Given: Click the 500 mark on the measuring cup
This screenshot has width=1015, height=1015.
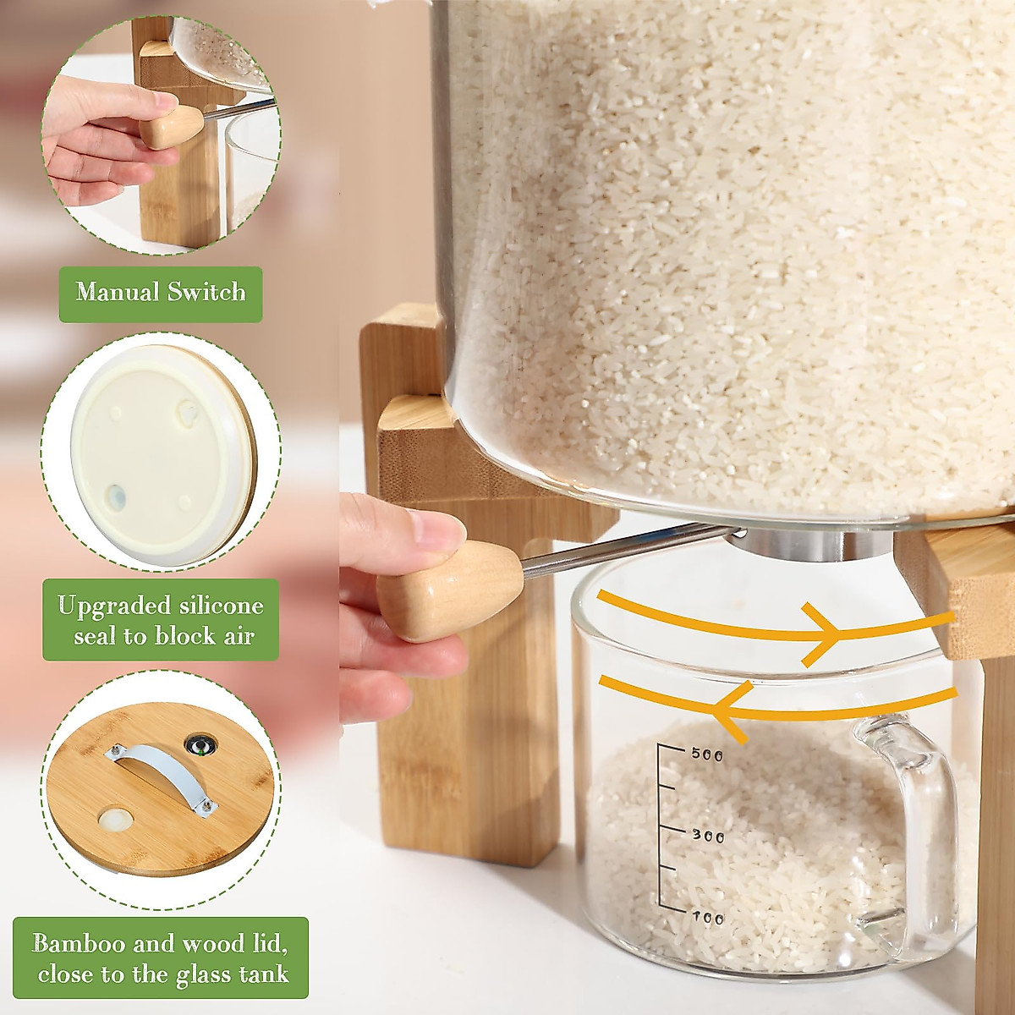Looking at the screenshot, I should [x=707, y=754].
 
